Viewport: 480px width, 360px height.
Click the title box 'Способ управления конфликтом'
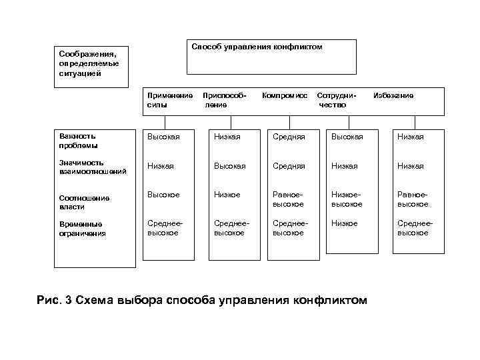coord(257,47)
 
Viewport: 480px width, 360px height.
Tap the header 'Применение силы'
coord(170,100)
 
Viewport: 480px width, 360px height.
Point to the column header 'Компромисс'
coord(285,96)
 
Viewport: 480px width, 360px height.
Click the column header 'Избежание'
coord(393,96)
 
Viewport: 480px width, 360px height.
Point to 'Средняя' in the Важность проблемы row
coord(288,137)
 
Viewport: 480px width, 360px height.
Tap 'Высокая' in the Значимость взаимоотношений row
coord(229,166)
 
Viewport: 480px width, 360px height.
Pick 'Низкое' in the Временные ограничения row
coord(345,223)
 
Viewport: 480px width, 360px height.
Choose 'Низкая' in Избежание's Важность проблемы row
coord(411,137)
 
